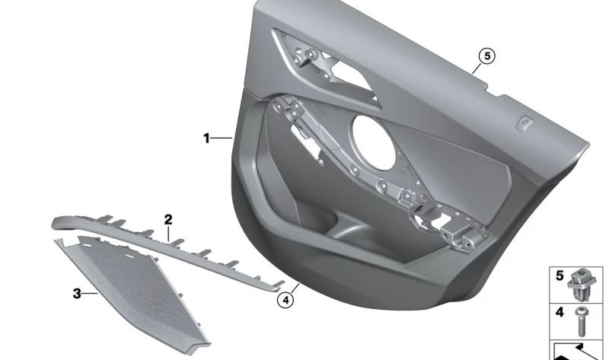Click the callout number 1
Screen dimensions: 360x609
coord(206,138)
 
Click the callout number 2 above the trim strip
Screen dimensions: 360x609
coord(168,219)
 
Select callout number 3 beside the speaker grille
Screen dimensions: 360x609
coord(77,292)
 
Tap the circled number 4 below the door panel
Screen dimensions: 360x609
coord(285,300)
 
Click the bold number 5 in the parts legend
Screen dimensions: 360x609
coord(560,275)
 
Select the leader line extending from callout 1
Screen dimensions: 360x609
coord(222,138)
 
